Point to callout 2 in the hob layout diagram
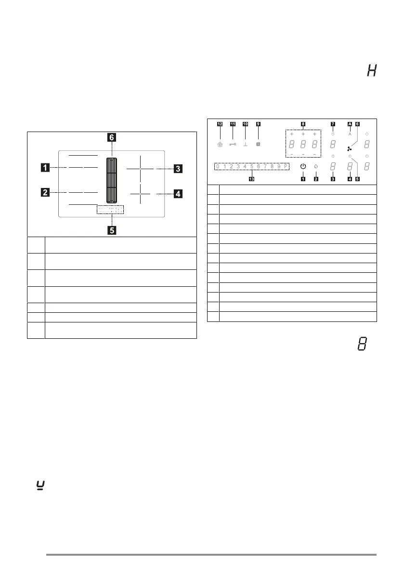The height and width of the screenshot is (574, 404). click(x=44, y=193)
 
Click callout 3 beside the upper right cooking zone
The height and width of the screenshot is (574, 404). click(x=178, y=169)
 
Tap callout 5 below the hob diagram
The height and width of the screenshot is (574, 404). click(x=111, y=230)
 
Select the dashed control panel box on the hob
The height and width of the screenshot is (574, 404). click(x=110, y=210)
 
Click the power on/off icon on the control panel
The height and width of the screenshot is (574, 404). click(x=302, y=167)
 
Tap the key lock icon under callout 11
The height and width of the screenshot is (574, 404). click(x=233, y=144)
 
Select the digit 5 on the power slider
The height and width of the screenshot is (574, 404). click(x=251, y=167)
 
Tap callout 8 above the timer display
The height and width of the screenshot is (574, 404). click(x=303, y=124)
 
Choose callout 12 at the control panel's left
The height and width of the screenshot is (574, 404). click(x=220, y=124)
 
